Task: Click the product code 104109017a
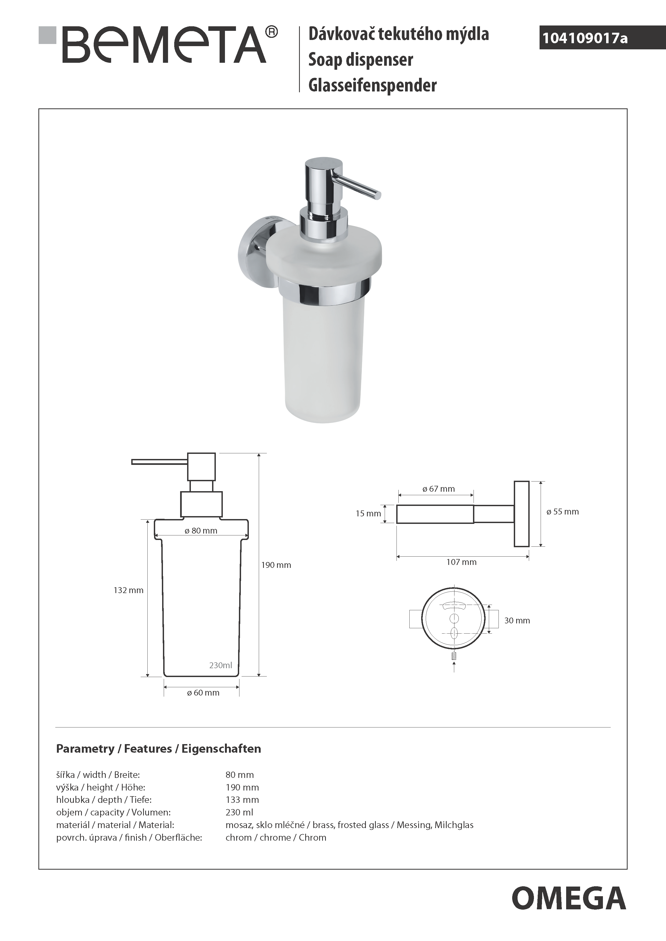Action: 585,38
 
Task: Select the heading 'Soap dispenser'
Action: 361,60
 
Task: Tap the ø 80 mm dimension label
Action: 201,531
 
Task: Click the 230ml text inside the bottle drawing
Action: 221,665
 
